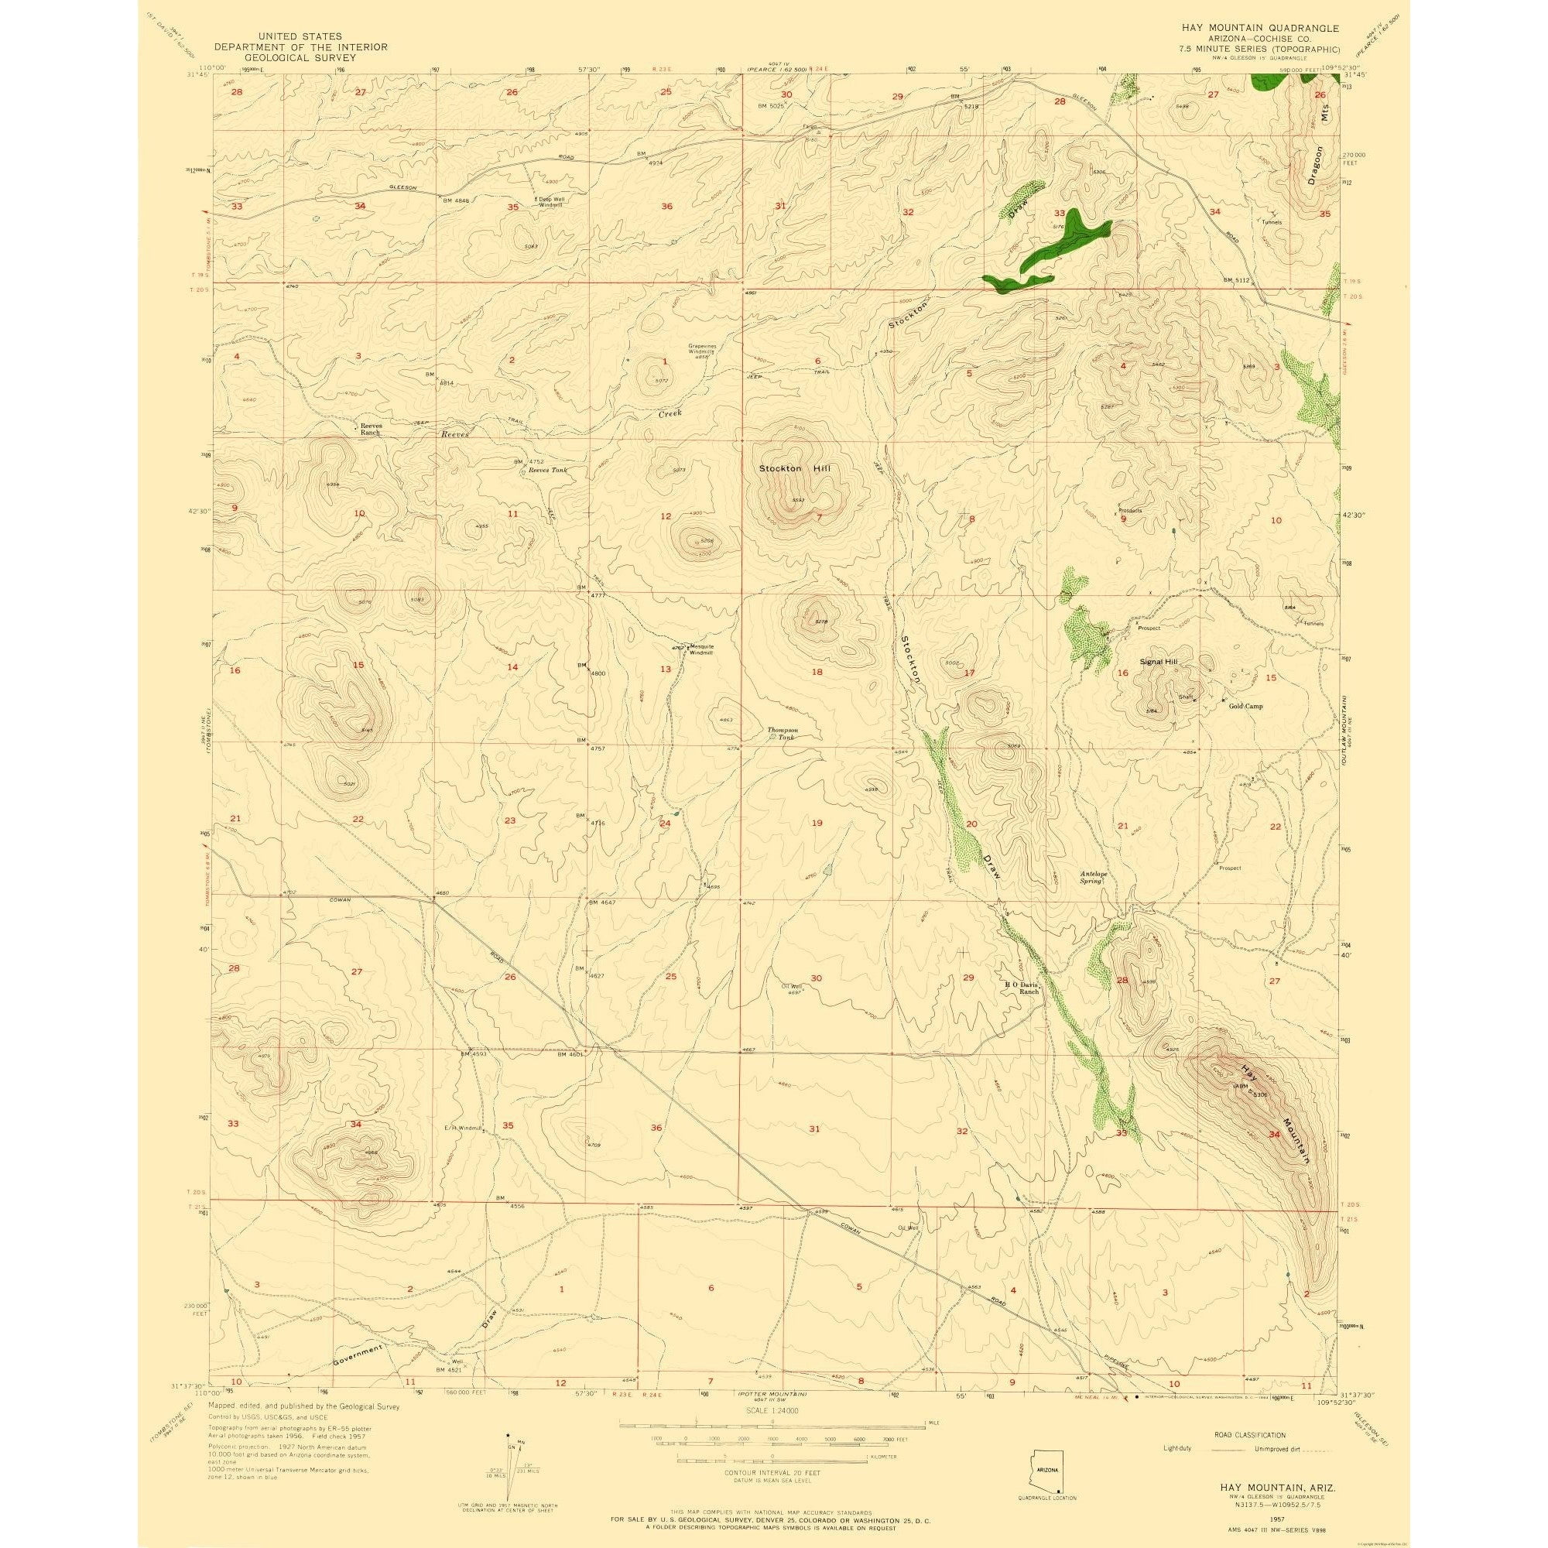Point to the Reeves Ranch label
pyautogui.click(x=369, y=430)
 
